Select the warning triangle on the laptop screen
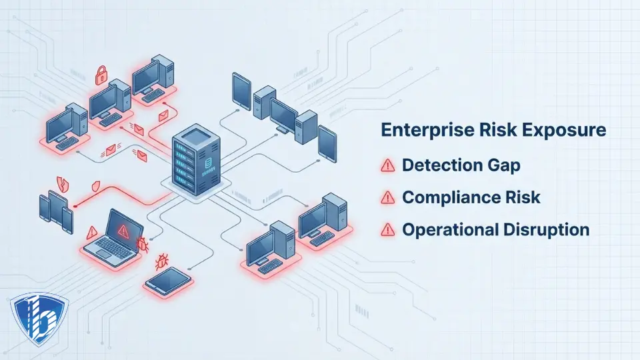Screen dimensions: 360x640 123,231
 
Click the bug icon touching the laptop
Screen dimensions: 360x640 141,245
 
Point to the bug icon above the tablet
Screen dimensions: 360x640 161,259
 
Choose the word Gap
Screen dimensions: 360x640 504,166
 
